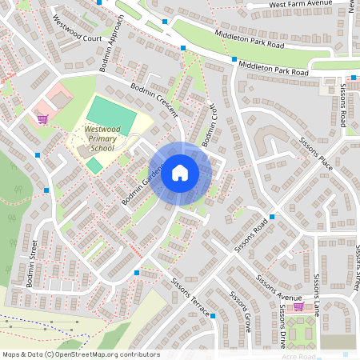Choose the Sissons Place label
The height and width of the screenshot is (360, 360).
[316, 150]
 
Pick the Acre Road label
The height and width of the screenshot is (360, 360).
[301, 357]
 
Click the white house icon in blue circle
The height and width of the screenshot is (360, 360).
[180, 172]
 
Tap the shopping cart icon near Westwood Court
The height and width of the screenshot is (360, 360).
[42, 118]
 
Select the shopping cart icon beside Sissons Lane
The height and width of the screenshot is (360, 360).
[298, 306]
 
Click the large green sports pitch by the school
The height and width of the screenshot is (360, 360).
[111, 115]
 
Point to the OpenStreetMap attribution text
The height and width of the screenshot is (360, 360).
[81, 354]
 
